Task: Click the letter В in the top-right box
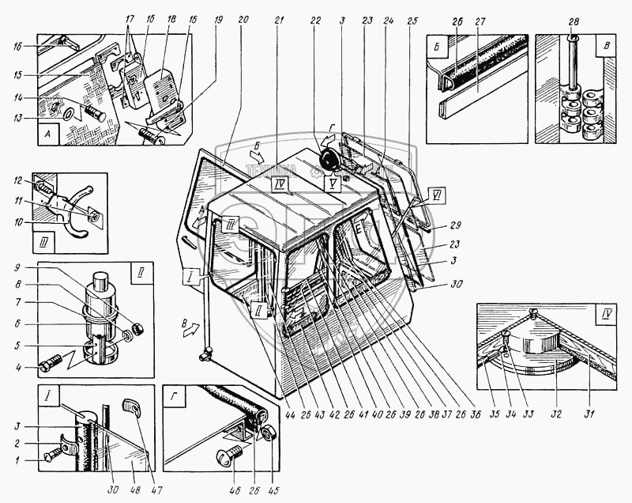pyautogui.click(x=607, y=44)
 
